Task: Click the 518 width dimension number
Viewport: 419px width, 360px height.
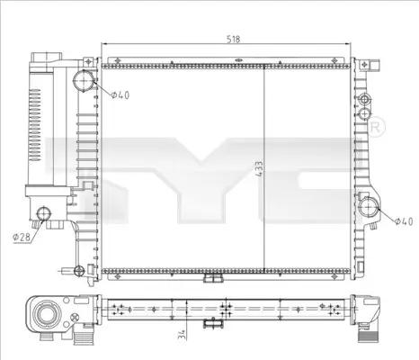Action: point(232,40)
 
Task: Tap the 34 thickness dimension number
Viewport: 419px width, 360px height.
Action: point(183,336)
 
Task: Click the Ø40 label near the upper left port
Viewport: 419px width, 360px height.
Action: point(121,95)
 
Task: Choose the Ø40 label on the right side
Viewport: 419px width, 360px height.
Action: point(405,220)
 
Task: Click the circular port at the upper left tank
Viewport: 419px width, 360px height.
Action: point(83,82)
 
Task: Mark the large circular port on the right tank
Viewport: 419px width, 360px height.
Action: point(369,210)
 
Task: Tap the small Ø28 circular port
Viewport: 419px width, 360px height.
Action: point(43,214)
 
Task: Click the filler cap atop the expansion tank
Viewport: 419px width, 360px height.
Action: point(41,59)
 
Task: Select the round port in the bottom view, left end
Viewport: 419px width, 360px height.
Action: point(45,314)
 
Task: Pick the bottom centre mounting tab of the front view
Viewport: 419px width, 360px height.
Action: point(212,279)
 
